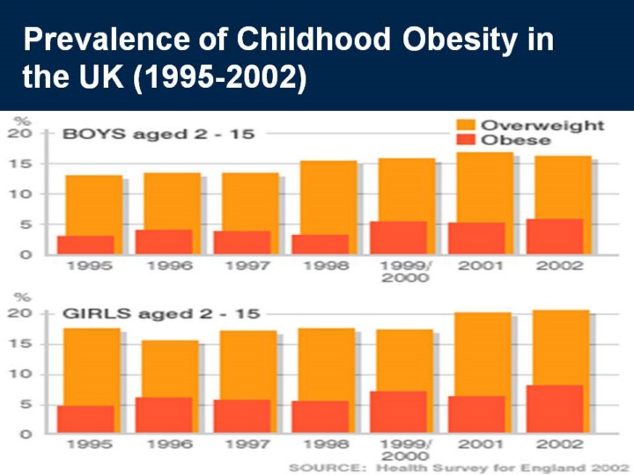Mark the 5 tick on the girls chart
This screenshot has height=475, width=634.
26,405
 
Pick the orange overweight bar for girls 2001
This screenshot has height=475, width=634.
480,352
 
